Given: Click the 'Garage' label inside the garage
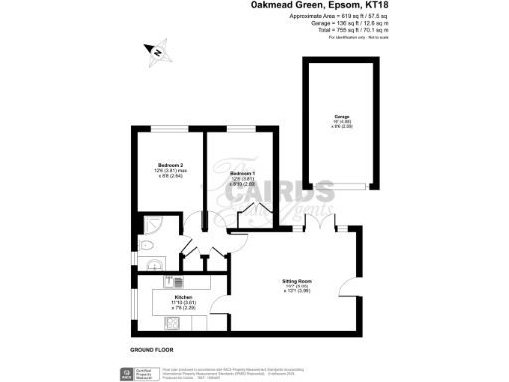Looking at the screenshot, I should coord(340,118).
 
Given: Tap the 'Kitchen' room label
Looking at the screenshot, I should coord(183,297).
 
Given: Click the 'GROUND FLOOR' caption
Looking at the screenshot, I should coord(152,351).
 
